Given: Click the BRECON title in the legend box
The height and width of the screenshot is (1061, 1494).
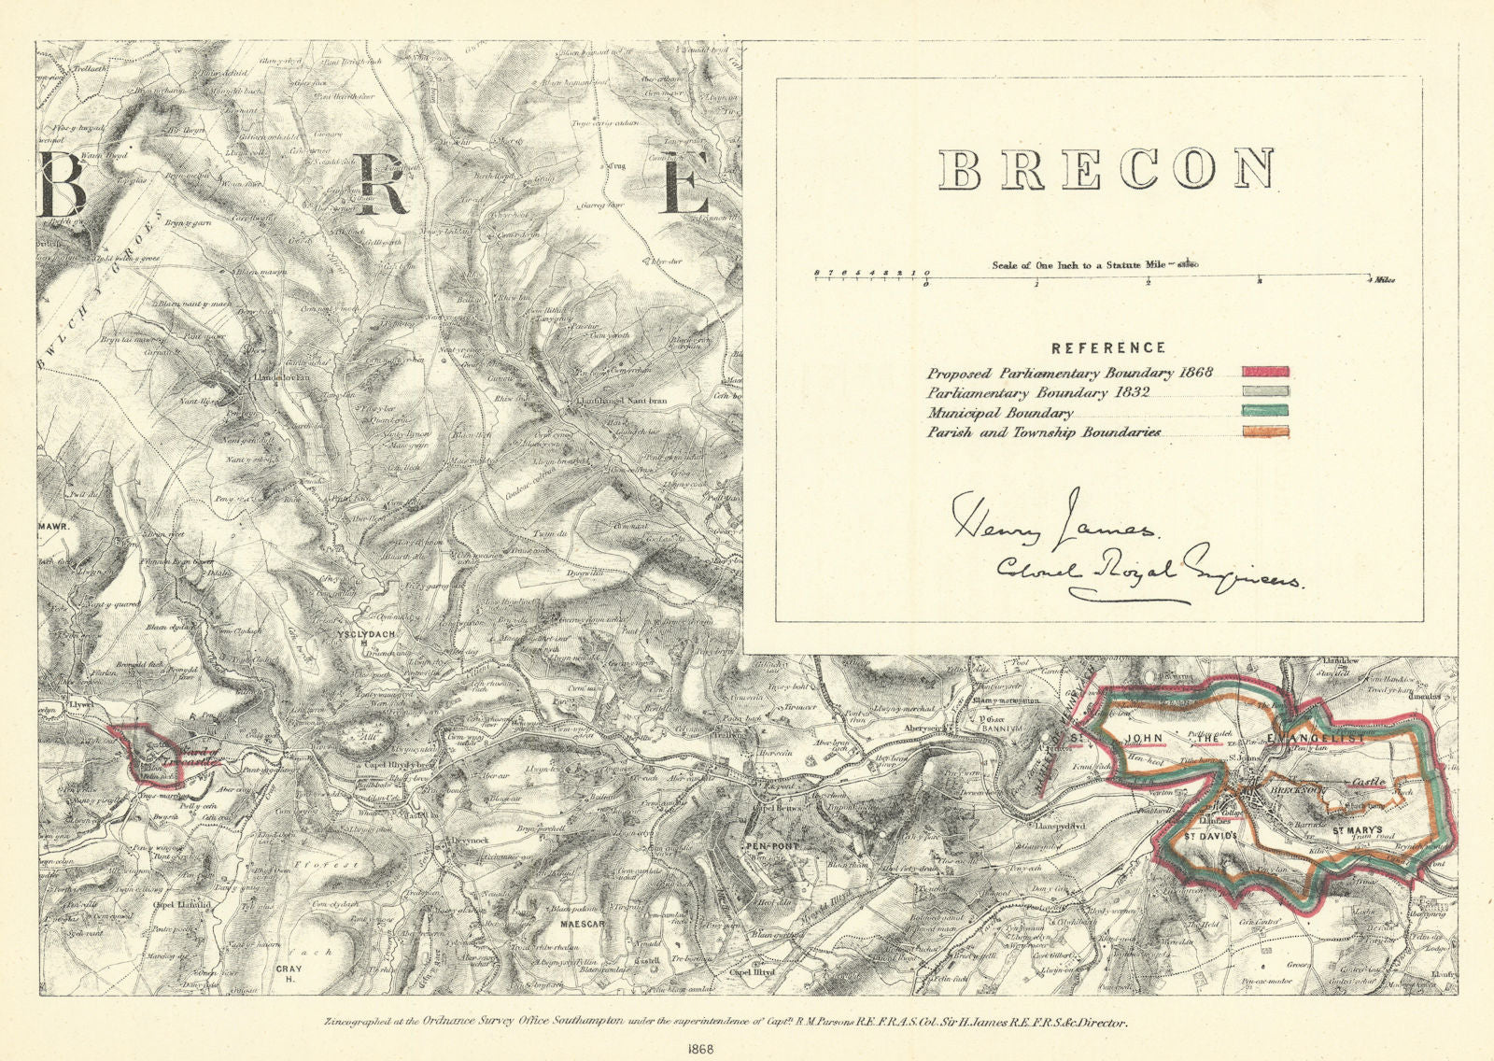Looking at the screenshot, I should point(1106,169).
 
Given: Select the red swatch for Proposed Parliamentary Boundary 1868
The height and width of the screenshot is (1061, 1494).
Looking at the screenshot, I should point(1264,373).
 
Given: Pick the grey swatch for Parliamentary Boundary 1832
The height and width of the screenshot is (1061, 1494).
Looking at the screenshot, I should point(1264,392).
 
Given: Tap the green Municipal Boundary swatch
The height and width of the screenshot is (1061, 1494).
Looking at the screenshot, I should point(1264,412).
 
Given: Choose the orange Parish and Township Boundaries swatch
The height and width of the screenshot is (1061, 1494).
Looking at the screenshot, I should point(1264,431).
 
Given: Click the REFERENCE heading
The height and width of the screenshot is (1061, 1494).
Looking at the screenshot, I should point(1108,347).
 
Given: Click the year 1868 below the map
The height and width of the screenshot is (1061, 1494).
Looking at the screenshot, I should point(746,1046).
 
